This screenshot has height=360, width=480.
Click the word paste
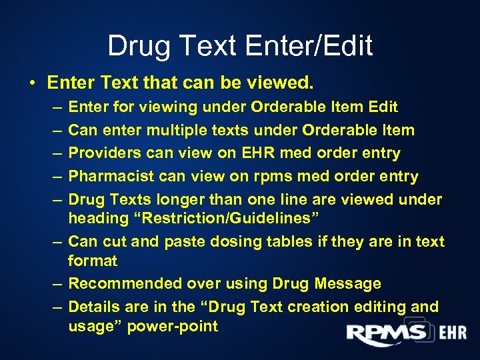click(169, 241)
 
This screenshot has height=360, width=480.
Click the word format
click(93, 260)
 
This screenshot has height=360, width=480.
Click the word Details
click(93, 307)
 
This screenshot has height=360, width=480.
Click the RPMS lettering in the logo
click(386, 333)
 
